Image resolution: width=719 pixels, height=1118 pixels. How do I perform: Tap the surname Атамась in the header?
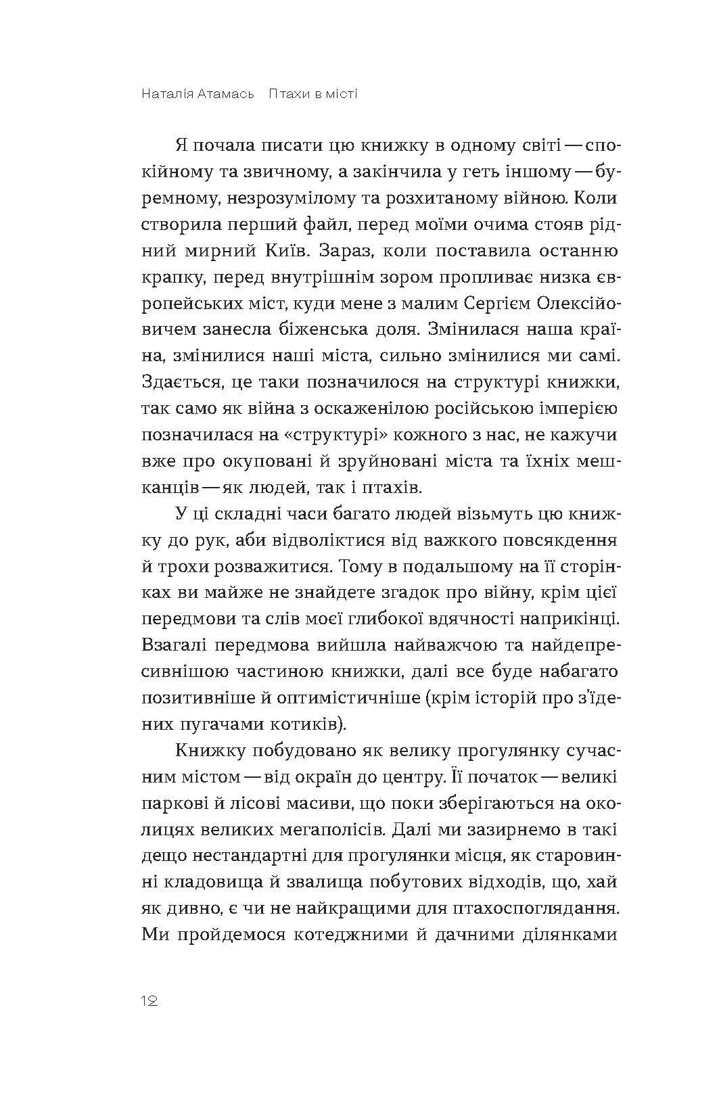(x=226, y=94)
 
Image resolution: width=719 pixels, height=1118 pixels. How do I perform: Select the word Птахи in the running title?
(x=287, y=94)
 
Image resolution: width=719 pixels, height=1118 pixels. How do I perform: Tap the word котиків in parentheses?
(x=312, y=725)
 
